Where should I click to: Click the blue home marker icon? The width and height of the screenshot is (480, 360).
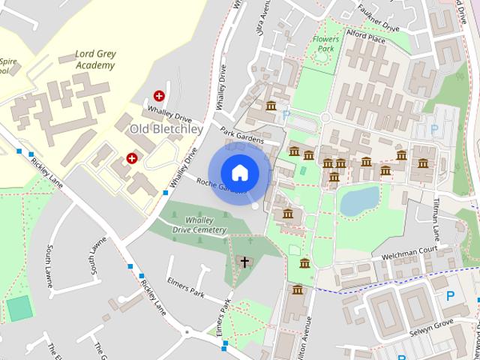(x=239, y=172)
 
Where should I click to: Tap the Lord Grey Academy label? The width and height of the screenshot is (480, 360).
(x=95, y=59)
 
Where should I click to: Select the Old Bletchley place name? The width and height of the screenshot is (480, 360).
(x=166, y=129)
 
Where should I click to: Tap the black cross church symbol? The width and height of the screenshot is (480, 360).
(x=243, y=261)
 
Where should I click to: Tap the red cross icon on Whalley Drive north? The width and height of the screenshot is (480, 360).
(x=159, y=95)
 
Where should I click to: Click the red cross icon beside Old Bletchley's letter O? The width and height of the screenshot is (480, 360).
(x=132, y=157)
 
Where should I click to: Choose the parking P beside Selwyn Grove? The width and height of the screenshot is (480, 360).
(x=450, y=296)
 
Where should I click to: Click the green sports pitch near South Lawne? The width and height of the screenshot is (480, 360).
(x=19, y=307)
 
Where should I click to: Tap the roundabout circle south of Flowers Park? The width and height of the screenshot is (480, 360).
(x=325, y=118)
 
